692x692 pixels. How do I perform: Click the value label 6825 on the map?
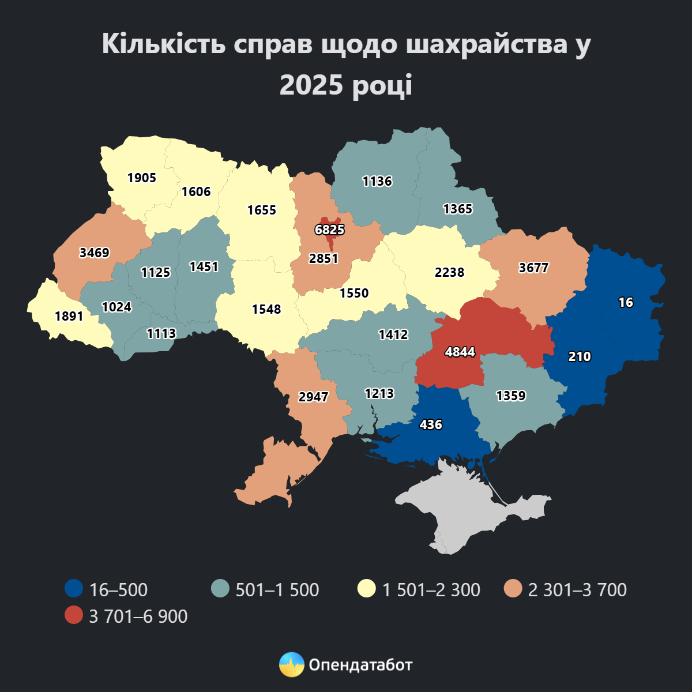(x=329, y=230)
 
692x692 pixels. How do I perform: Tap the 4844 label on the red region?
(x=460, y=352)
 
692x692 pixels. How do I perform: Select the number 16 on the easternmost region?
(x=626, y=302)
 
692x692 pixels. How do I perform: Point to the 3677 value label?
(x=533, y=268)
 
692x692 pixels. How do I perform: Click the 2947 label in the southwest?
(x=313, y=397)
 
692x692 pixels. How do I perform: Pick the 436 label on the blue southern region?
(x=431, y=425)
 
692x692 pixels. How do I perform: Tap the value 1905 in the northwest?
(x=142, y=178)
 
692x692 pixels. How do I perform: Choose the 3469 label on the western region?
(x=95, y=253)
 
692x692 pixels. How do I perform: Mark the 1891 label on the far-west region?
(x=69, y=316)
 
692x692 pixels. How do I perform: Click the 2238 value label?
(x=449, y=272)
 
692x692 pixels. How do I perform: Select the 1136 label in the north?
(x=377, y=182)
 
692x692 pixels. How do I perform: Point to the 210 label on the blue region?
(x=580, y=356)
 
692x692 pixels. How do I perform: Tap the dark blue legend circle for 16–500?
(x=74, y=589)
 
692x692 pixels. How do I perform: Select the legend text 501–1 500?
(x=277, y=590)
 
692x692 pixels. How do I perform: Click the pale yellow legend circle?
(x=366, y=589)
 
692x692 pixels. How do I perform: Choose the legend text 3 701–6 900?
(x=138, y=616)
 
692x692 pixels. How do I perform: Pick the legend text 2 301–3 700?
(x=577, y=590)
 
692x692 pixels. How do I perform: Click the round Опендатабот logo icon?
(x=291, y=665)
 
